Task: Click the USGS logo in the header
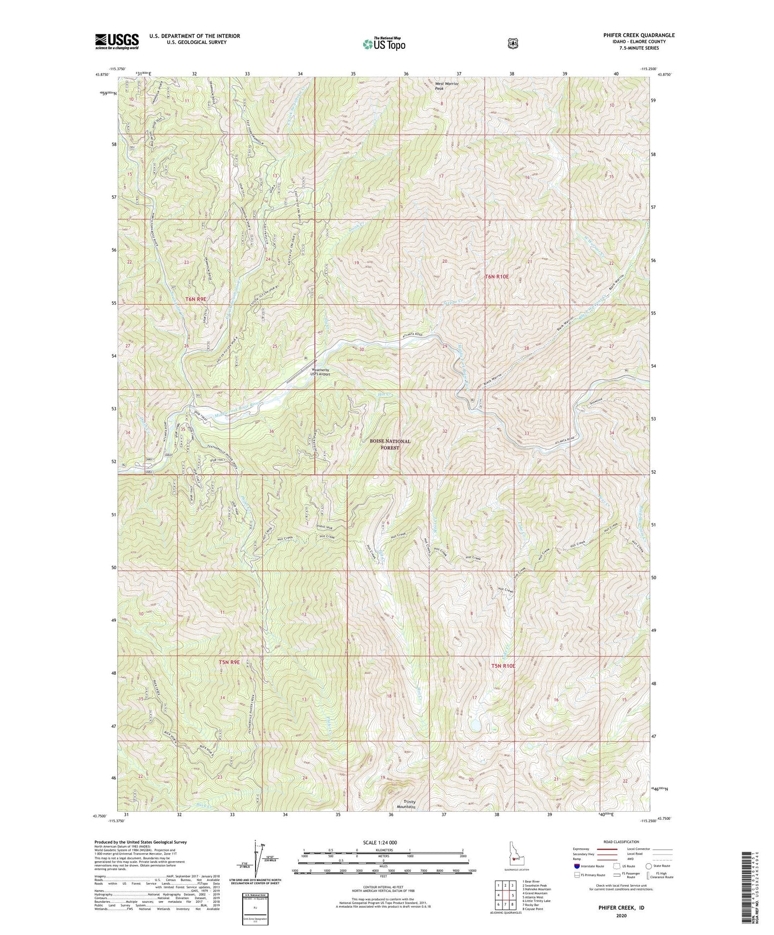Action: [117, 41]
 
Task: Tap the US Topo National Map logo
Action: [384, 43]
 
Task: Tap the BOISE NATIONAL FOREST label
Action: [390, 444]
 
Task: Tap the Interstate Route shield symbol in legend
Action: [576, 866]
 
